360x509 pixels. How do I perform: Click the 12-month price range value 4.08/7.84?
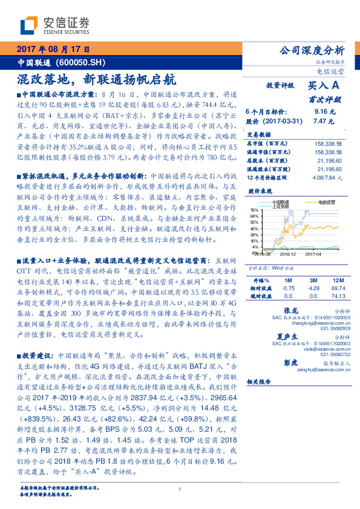(327, 178)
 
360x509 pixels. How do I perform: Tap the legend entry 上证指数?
(281, 207)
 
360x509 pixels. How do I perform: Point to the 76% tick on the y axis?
(254, 209)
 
